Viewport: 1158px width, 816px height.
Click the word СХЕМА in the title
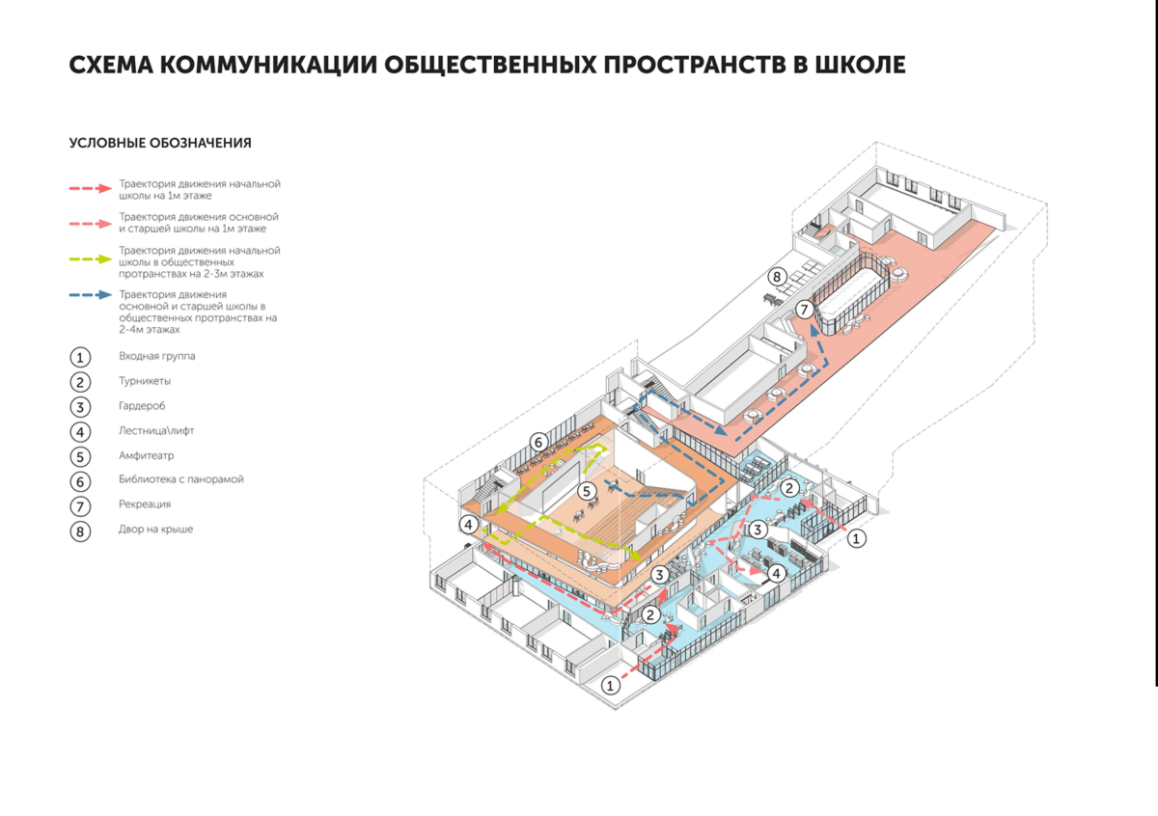pos(109,65)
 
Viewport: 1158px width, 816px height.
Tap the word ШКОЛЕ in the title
pos(860,65)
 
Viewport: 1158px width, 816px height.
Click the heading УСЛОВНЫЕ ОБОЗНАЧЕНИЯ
pos(160,143)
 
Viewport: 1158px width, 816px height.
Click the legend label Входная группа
pos(157,356)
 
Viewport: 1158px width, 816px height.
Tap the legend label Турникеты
pos(145,381)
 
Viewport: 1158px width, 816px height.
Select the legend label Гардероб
pos(143,406)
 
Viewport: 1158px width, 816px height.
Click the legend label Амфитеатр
pos(146,455)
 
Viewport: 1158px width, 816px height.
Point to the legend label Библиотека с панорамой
pos(181,479)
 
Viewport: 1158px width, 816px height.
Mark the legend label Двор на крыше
pos(156,529)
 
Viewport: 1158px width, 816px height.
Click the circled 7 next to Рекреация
pos(80,505)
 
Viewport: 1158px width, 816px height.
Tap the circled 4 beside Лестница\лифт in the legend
pos(80,431)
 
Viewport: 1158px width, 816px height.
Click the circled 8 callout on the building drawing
pos(776,278)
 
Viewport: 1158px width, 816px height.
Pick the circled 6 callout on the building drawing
pos(538,442)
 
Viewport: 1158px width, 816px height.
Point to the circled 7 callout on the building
pos(803,310)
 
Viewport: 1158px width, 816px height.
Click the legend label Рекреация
pos(145,504)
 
